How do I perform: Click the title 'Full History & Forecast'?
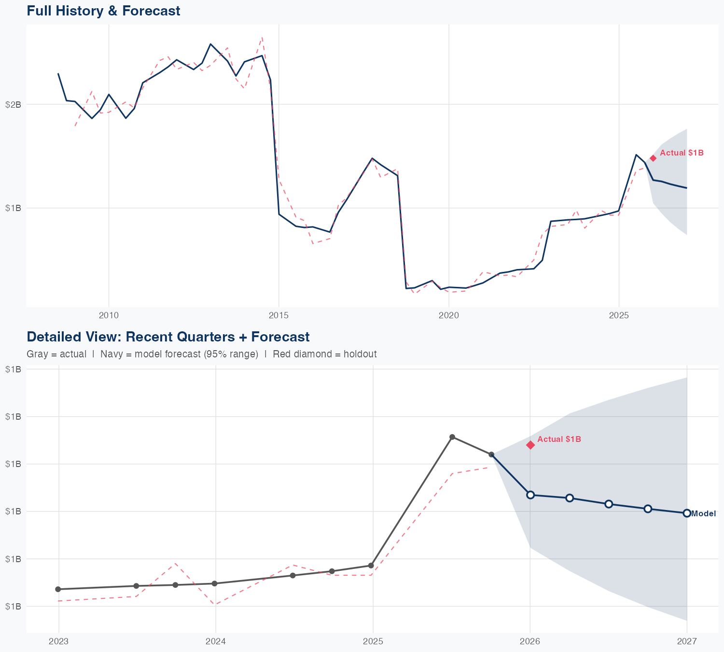103,11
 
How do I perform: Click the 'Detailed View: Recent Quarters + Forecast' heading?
168,337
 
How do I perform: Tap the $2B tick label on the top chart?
13,104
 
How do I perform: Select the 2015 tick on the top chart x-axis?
278,315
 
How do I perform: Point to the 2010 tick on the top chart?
109,315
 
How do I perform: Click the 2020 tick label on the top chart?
448,315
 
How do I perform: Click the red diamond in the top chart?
653,158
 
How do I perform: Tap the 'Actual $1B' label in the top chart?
682,153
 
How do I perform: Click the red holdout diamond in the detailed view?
530,445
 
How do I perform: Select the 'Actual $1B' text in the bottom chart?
559,439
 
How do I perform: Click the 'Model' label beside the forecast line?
704,513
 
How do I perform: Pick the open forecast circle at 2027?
687,513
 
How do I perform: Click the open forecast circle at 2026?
530,495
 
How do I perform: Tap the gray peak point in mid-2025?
452,437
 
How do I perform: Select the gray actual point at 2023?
58,589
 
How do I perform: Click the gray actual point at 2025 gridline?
371,566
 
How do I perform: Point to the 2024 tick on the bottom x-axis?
215,641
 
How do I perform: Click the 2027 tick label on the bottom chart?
686,641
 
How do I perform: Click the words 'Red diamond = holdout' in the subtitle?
324,354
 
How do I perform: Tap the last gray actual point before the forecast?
491,454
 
